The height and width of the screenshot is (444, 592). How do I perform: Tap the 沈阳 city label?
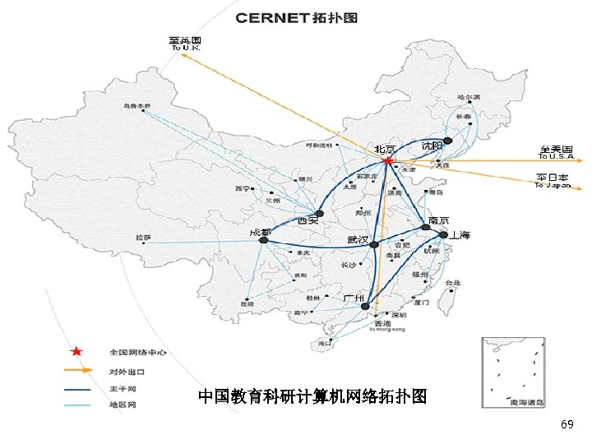tap(432, 146)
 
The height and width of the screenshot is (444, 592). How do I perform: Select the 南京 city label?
tap(438, 221)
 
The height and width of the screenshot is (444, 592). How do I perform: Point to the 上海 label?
tap(460, 235)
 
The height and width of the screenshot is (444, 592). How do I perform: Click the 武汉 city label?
tap(358, 239)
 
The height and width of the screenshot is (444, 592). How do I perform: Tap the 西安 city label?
tap(308, 221)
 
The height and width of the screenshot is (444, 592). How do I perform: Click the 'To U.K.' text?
tap(186, 49)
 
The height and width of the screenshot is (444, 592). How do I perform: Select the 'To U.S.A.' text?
tap(557, 156)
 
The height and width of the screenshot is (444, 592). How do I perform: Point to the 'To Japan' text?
tap(553, 185)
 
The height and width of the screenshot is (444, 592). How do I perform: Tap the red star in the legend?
tap(76, 352)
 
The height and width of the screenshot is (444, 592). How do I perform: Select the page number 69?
tap(567, 424)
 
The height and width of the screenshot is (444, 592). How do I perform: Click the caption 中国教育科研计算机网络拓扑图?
tap(312, 397)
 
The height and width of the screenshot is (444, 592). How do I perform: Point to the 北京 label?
tap(385, 150)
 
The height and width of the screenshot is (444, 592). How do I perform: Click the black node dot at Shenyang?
tap(447, 141)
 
